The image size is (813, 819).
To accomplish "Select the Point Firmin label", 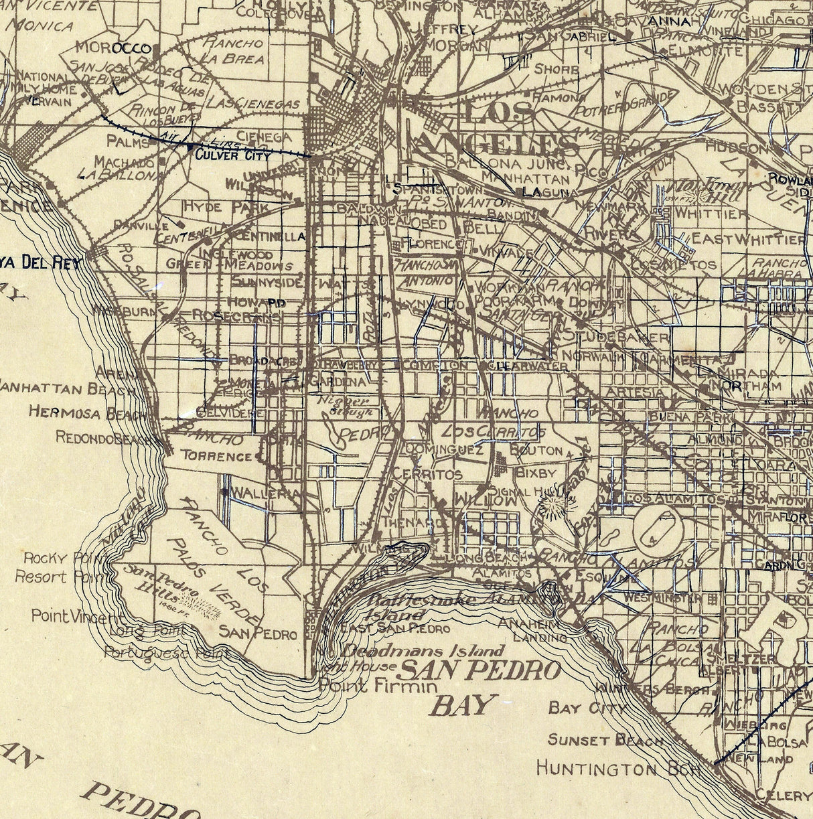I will coord(378,686).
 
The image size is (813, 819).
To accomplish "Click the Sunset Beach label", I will coord(605,740).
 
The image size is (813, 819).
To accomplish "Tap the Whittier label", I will coord(711,213).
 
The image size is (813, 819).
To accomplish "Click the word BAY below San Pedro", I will coord(464,704).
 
